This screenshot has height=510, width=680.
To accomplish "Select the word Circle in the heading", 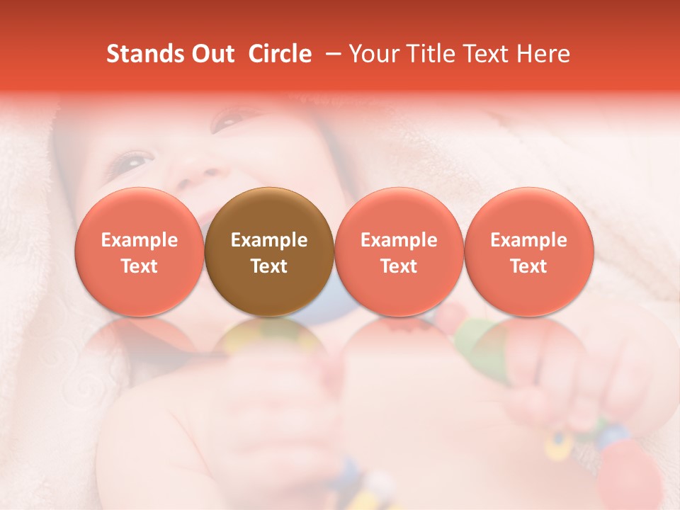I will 280,54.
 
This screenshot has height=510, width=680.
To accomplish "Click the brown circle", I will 269,251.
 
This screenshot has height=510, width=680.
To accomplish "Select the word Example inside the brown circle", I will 269,240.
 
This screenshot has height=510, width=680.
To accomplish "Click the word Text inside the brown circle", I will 269,266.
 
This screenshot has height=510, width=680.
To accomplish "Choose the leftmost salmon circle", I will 139,251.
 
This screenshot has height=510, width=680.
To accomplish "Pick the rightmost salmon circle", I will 528,251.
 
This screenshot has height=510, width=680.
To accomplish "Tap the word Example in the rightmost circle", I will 528,240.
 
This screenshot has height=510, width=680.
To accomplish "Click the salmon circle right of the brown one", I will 399,251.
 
